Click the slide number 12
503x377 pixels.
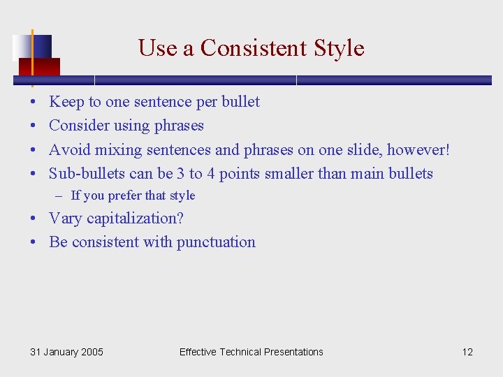pos(467,352)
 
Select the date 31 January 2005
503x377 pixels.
pos(66,352)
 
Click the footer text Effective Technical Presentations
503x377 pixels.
pos(251,352)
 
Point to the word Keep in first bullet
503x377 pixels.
pos(66,102)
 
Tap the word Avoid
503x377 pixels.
pos(70,149)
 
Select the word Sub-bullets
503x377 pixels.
pos(87,173)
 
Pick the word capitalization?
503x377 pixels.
pos(135,219)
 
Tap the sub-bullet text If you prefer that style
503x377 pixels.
pos(133,196)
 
